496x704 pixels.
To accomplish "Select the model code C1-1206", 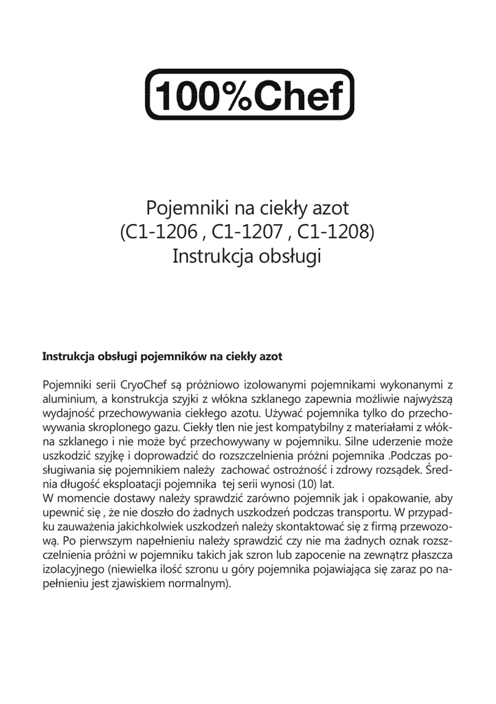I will click(157, 231).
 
